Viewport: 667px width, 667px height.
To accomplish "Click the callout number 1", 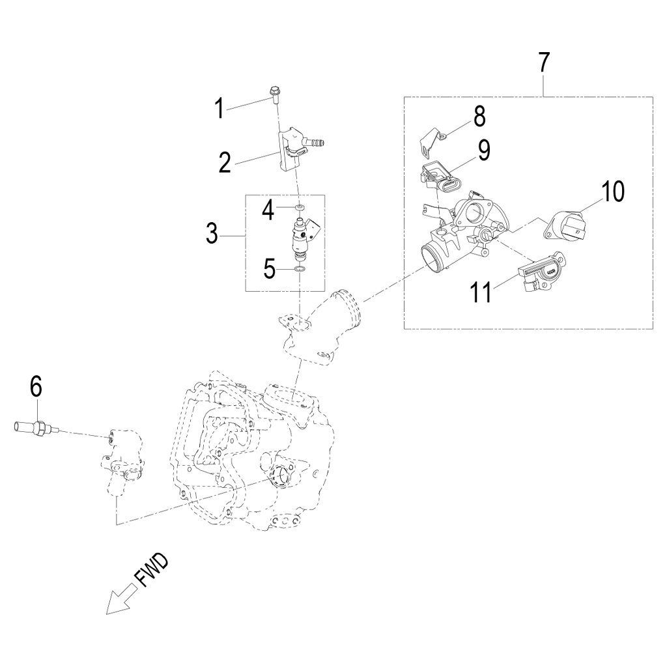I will coord(220,108).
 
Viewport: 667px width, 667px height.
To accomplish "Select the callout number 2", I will coord(225,162).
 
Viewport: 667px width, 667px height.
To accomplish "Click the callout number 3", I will coord(211,234).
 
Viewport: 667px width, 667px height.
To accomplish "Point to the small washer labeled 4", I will coord(299,208).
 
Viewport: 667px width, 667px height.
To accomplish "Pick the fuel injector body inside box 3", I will coord(300,240).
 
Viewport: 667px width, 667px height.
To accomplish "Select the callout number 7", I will coord(544,63).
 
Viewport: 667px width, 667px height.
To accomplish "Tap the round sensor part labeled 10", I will coord(567,227).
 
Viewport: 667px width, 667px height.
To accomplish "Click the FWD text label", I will coord(150,571).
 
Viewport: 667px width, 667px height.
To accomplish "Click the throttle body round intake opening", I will coord(432,259).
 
